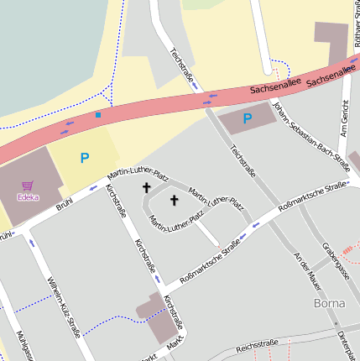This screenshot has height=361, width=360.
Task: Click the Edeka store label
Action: (x=29, y=197)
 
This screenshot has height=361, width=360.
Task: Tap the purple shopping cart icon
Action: (x=28, y=186)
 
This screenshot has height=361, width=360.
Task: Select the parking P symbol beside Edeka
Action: (x=84, y=157)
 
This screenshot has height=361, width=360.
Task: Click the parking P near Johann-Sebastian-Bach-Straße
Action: (x=247, y=118)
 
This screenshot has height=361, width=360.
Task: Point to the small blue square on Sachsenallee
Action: (x=97, y=114)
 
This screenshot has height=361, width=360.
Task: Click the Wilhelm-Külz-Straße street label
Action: (x=64, y=306)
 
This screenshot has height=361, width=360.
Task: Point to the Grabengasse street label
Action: (x=335, y=261)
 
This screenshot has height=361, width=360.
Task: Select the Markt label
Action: (x=175, y=345)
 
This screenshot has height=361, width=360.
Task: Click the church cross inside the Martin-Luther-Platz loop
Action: (x=175, y=200)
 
